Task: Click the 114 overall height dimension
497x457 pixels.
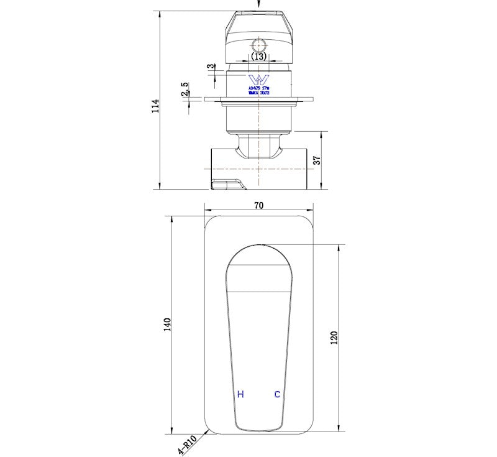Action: (155, 106)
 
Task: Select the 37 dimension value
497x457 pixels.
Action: (316, 160)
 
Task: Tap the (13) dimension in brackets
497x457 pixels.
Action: (259, 57)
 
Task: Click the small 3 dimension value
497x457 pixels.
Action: (211, 67)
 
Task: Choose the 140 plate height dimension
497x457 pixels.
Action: (166, 324)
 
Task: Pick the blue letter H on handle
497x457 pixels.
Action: (240, 394)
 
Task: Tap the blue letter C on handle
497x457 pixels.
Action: (277, 394)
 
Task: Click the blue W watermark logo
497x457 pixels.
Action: (257, 80)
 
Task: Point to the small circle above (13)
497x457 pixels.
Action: (259, 45)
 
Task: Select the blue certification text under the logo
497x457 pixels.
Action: (258, 91)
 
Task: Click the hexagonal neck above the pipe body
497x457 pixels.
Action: (259, 145)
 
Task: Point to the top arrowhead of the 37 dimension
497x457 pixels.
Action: (322, 134)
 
